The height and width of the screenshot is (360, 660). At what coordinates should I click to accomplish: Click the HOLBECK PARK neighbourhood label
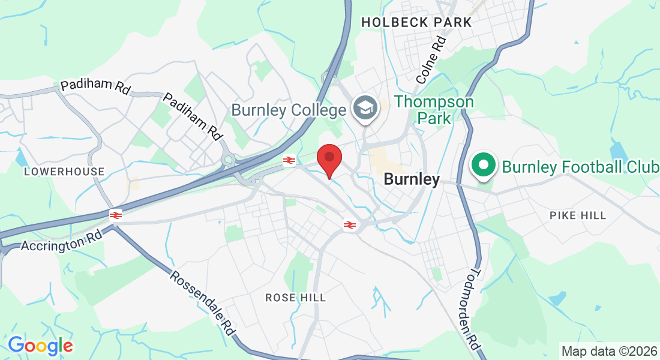[416, 22]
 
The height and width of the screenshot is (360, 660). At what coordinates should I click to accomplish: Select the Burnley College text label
[289, 110]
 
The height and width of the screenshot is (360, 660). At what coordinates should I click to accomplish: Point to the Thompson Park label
[434, 110]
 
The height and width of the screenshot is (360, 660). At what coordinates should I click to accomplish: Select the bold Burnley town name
[412, 179]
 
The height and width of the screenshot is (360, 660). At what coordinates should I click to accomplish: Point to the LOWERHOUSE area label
[64, 172]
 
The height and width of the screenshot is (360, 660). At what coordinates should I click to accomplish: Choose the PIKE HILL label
[578, 215]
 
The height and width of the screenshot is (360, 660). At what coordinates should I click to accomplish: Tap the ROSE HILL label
[296, 298]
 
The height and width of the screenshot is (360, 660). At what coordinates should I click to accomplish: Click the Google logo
[40, 345]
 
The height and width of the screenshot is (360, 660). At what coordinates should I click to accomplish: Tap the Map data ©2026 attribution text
[608, 351]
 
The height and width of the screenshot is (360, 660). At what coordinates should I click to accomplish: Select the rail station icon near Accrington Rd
[116, 214]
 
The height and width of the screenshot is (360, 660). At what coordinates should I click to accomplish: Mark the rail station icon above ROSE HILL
[349, 225]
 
